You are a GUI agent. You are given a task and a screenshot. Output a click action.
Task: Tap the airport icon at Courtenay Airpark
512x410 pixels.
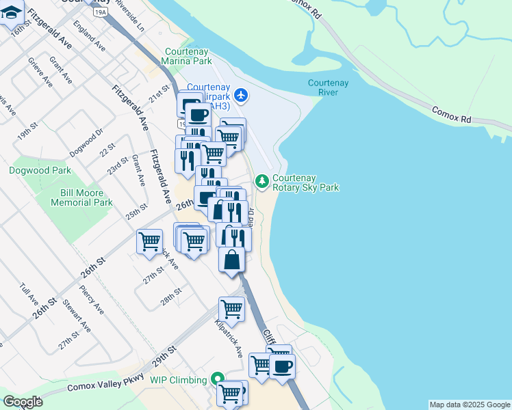point(240,96)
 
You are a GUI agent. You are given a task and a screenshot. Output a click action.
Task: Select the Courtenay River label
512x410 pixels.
point(328,87)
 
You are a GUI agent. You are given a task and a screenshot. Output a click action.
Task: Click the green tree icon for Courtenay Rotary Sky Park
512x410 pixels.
point(261,181)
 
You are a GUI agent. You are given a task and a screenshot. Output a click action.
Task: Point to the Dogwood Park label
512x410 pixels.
point(30,170)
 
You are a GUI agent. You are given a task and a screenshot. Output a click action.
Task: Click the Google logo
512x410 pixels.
point(23,402)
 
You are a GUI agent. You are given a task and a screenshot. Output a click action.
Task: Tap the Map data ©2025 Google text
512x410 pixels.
point(470,405)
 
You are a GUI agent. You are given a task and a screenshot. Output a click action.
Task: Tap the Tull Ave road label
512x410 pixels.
point(31,295)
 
